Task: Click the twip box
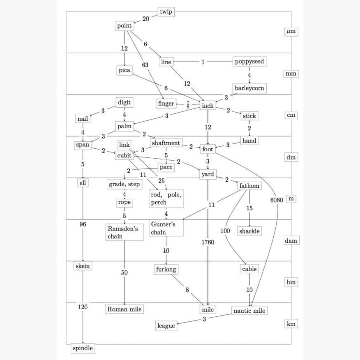166,12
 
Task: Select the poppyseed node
249,62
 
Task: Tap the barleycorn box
249,88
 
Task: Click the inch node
208,105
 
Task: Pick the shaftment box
166,143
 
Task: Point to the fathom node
249,186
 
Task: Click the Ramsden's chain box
124,232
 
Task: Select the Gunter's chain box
166,228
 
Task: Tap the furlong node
166,269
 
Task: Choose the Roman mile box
124,309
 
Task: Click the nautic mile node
249,311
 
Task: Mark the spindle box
83,348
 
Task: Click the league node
166,326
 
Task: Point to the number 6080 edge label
277,200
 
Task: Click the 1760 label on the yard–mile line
208,242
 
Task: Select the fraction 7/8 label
188,104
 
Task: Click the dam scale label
291,240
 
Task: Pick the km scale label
291,324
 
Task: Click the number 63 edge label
145,65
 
